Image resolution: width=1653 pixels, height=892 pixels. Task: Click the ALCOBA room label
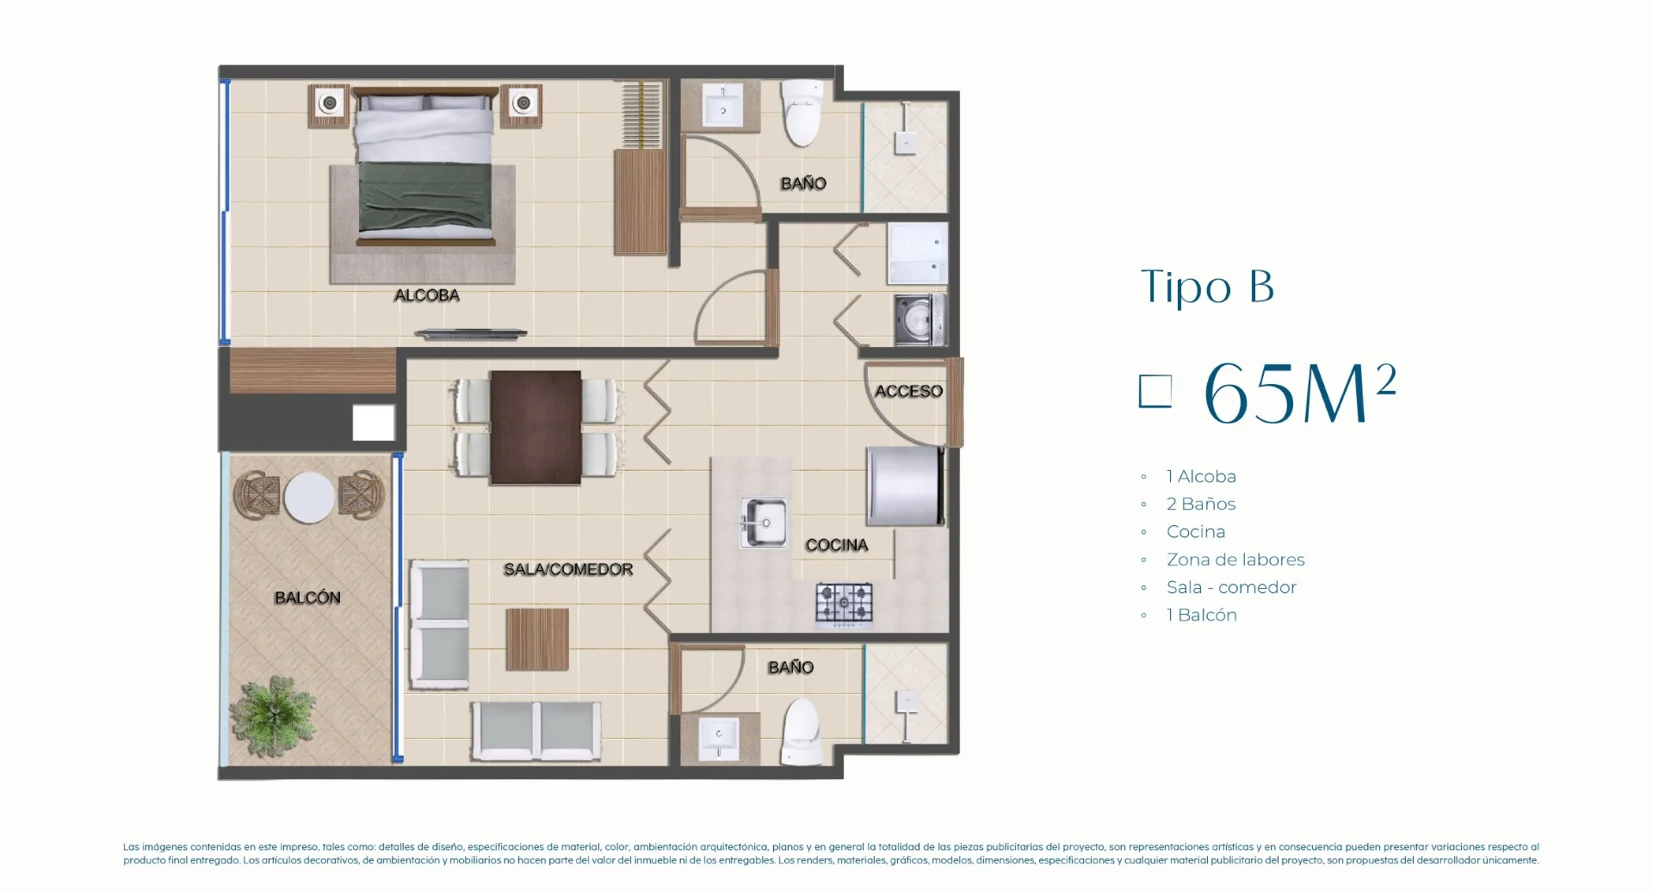[x=426, y=295]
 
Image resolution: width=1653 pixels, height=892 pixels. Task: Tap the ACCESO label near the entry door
[x=908, y=391]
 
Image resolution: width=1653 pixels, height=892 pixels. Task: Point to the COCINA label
[x=836, y=545]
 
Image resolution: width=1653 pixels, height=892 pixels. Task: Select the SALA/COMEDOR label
[x=568, y=569]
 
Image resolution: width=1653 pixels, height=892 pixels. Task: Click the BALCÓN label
[x=307, y=598]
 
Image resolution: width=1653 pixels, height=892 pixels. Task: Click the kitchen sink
[x=764, y=523]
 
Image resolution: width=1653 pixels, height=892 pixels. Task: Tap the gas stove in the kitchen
[x=844, y=604]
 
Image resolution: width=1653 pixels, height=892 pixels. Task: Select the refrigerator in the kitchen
[x=906, y=486]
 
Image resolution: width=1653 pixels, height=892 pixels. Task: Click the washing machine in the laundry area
[x=919, y=319]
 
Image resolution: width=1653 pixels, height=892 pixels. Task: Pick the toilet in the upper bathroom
[x=802, y=113]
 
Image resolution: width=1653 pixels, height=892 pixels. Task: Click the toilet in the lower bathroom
[x=801, y=732]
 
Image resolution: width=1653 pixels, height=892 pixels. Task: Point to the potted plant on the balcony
[x=274, y=715]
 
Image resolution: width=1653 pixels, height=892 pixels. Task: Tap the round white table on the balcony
[x=309, y=498]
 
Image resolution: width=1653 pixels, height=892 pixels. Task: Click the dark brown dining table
[x=536, y=427]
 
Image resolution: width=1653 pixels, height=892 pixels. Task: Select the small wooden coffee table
[x=537, y=639]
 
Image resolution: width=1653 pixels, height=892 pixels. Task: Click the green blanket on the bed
[x=424, y=196]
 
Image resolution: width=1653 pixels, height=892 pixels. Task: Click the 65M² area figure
[x=1299, y=393]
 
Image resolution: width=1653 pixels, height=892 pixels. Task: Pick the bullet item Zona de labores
[x=1235, y=560]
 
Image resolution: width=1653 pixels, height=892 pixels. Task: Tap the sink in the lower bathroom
[x=719, y=737]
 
